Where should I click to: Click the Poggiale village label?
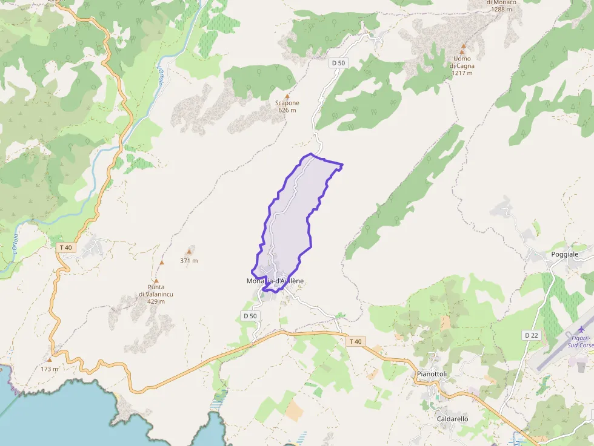[x=565, y=254]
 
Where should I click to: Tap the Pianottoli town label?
[x=432, y=374]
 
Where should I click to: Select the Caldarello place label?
[x=452, y=418]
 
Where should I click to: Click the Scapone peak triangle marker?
[x=287, y=96]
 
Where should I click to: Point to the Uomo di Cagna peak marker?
[x=463, y=46]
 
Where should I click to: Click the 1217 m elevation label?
[x=462, y=73]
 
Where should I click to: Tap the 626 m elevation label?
[x=287, y=110]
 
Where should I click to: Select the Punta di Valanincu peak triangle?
[x=156, y=281]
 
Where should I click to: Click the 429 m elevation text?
[x=155, y=301]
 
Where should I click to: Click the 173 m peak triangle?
[x=50, y=359]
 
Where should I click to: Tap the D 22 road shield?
[x=531, y=335]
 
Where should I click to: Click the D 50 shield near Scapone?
[x=338, y=63]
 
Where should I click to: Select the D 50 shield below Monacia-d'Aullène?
[x=250, y=315]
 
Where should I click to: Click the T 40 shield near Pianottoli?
[x=355, y=341]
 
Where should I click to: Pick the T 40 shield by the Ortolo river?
[x=65, y=247]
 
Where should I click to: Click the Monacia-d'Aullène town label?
[x=275, y=281]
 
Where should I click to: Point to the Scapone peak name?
[x=287, y=103]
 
